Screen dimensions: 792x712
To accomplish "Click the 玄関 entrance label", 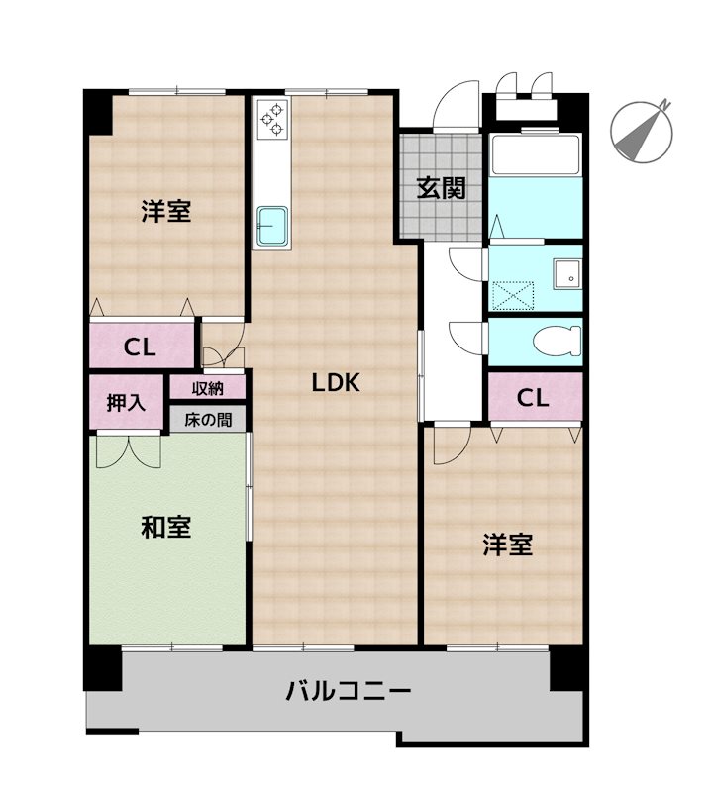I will (441, 188).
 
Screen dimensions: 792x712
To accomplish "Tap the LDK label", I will (335, 383).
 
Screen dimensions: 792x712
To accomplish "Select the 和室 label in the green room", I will (165, 527).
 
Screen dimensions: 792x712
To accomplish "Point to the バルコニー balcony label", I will (348, 690).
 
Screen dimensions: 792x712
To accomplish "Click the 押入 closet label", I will (127, 403).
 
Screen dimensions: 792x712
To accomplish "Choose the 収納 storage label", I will (207, 387).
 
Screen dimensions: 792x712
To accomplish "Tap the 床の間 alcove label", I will (207, 419).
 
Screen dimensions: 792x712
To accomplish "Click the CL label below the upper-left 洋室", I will (139, 347).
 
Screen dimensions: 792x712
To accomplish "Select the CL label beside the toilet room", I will (533, 399).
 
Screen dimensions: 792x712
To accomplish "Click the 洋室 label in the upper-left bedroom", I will (165, 211).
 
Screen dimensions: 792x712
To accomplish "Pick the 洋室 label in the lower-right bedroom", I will (508, 544).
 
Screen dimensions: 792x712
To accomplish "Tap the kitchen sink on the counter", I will (271, 226).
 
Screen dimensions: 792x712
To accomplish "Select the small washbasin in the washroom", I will (566, 274).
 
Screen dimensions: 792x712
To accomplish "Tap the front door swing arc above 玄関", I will (456, 104).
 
